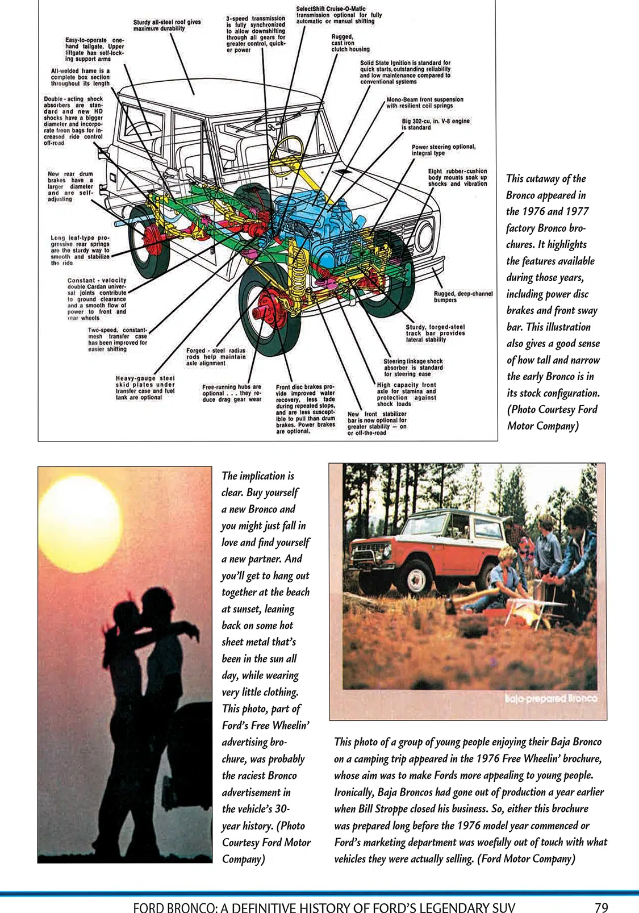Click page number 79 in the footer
click(601, 907)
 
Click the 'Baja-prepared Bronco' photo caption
click(551, 698)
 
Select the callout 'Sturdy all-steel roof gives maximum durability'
click(166, 25)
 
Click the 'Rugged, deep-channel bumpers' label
click(463, 297)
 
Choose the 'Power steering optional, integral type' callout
click(443, 150)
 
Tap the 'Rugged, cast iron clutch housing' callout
click(350, 43)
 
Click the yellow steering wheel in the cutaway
click(286, 148)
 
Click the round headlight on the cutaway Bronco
click(425, 236)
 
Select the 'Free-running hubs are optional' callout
click(232, 393)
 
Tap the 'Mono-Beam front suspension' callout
click(424, 102)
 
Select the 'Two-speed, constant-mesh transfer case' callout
click(117, 339)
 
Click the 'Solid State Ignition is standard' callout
click(405, 72)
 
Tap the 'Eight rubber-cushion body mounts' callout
click(457, 177)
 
